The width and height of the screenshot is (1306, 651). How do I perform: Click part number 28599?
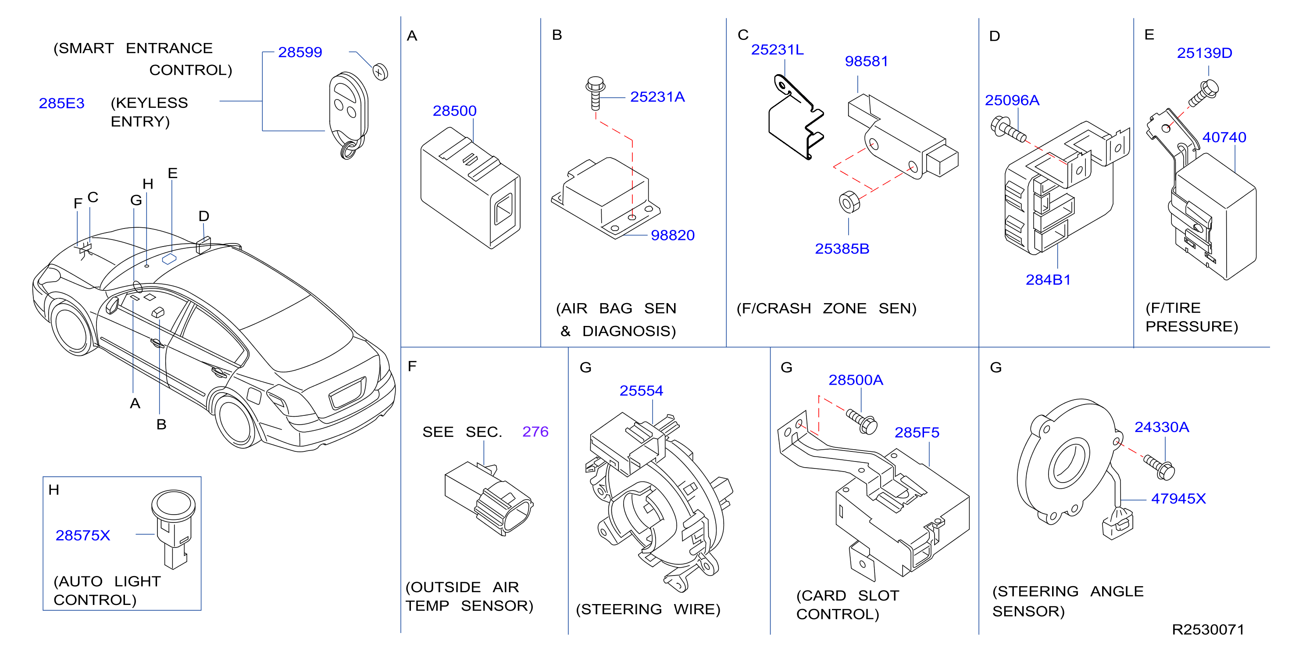click(300, 52)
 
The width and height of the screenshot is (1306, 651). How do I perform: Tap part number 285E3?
click(61, 104)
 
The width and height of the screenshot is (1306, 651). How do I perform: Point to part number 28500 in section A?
click(454, 111)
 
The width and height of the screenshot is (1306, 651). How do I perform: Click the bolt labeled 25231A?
click(596, 93)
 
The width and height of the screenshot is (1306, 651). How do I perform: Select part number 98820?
click(672, 235)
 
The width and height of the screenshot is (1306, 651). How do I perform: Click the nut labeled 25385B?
click(849, 202)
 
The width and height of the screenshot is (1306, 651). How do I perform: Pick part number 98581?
click(867, 61)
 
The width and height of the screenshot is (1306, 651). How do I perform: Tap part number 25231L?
click(777, 50)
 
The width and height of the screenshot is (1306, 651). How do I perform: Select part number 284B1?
click(1048, 280)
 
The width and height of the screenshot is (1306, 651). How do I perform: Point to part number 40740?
click(1224, 137)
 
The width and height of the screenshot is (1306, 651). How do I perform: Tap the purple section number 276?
click(535, 432)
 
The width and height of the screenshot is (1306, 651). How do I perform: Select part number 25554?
click(641, 391)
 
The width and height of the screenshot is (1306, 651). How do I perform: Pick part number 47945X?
click(1178, 499)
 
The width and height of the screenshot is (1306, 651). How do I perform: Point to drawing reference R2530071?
click(1208, 630)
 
